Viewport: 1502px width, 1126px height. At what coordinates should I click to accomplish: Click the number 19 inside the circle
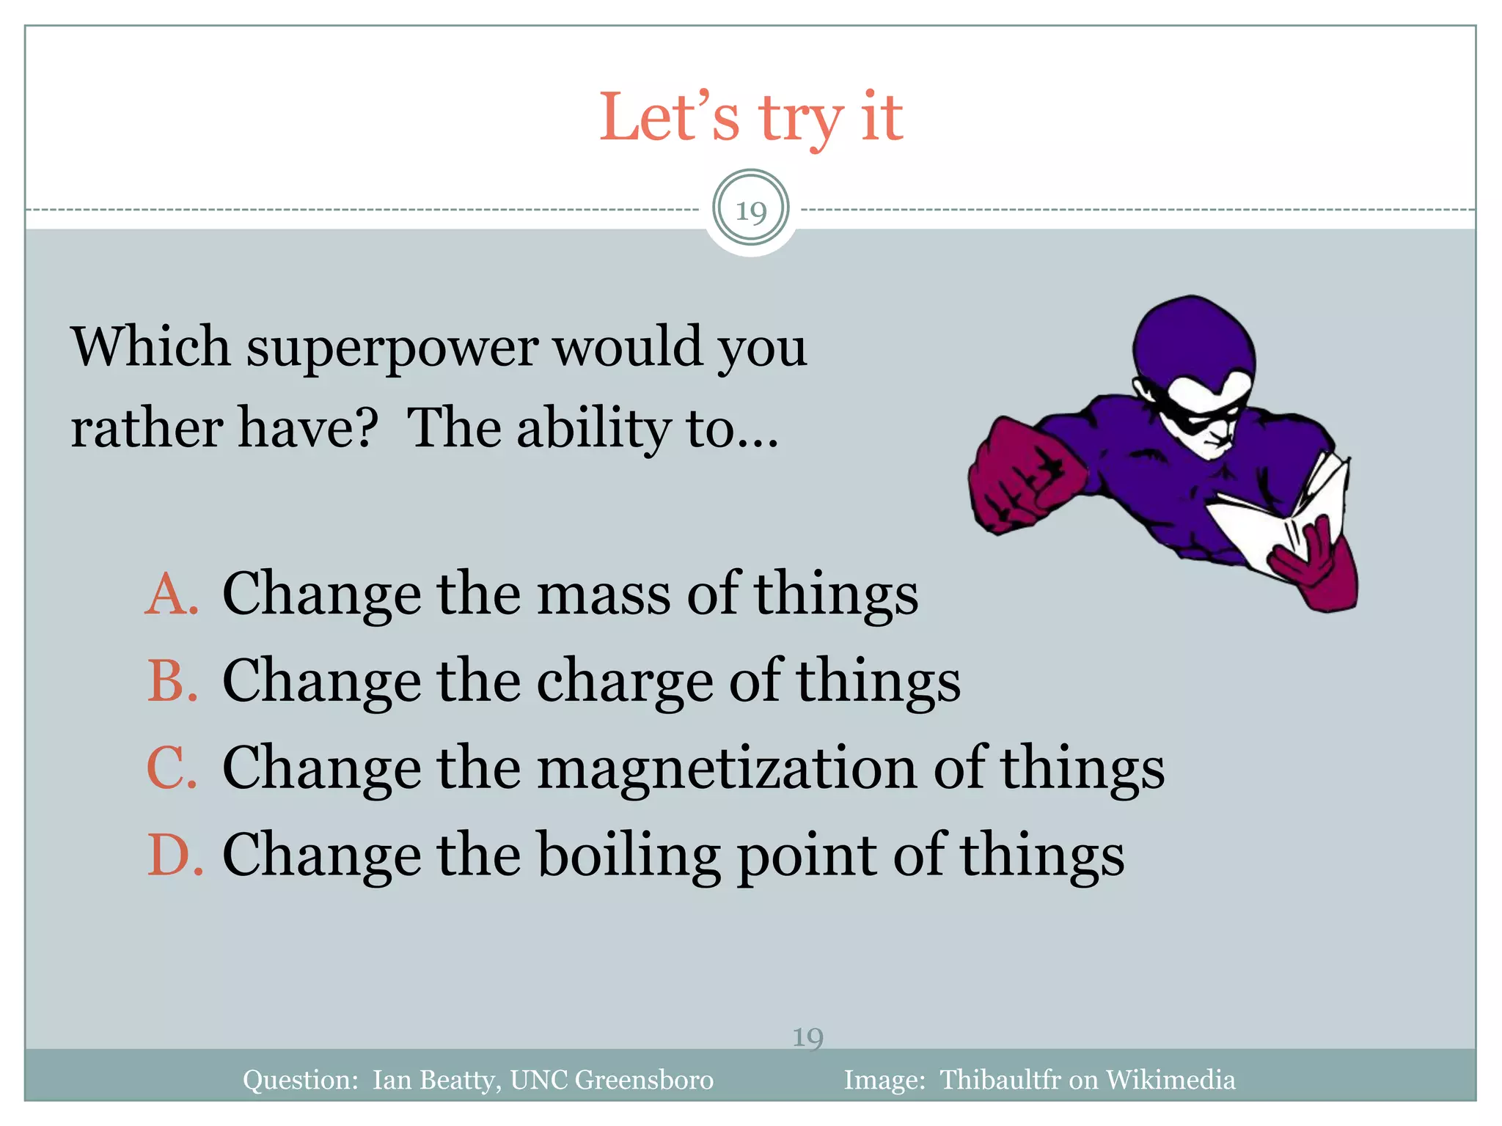(751, 211)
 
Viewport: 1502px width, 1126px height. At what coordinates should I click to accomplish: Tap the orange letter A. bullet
(172, 594)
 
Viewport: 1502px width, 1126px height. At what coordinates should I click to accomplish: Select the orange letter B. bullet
(172, 681)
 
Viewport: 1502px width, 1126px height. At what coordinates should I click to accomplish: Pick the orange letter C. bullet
(172, 768)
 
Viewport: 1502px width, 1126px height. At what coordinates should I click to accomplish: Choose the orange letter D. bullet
(174, 855)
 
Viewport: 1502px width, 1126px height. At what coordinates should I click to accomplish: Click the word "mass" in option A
(603, 594)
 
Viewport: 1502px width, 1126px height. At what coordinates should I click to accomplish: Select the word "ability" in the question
(593, 429)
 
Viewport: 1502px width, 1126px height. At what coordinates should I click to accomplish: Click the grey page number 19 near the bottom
(807, 1037)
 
